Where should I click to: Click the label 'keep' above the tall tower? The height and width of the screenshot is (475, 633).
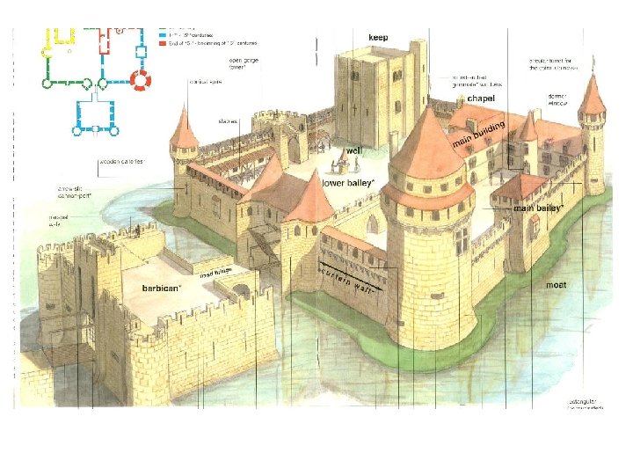coord(378,38)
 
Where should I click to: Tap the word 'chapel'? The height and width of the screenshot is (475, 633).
coord(482,97)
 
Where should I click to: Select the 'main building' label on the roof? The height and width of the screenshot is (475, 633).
coord(478,135)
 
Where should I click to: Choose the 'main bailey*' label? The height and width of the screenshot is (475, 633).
coord(539,208)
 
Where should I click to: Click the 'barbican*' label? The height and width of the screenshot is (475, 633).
coord(163,288)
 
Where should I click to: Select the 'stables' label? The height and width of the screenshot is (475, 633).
coord(229,121)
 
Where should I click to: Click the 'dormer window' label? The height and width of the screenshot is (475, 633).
coord(558,99)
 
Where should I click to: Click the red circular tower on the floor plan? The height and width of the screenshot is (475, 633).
coord(142,81)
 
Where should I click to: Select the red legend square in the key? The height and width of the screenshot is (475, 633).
coord(163,42)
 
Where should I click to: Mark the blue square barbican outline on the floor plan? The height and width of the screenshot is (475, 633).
coord(96,113)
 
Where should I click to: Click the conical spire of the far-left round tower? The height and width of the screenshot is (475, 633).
coord(184,130)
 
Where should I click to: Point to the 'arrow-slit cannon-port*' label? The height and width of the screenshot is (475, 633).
coord(73,191)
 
